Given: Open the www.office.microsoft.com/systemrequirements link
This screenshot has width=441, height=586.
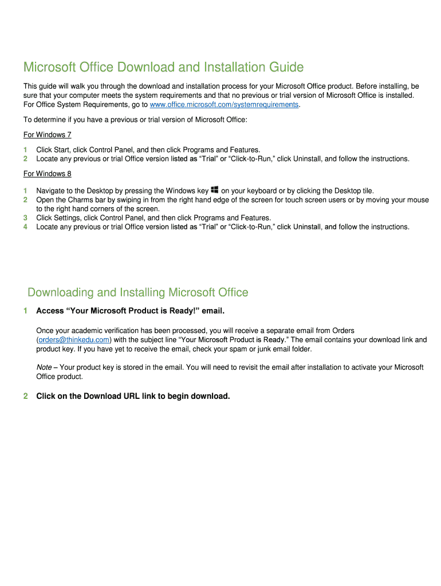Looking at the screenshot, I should (x=224, y=105).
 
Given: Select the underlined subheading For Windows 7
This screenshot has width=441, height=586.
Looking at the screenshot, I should (x=47, y=134).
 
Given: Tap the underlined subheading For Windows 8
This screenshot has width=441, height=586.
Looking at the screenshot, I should (x=47, y=173).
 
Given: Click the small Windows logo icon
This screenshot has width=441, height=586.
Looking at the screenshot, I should (x=215, y=189).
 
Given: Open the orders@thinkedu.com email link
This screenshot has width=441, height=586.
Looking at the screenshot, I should (x=73, y=339).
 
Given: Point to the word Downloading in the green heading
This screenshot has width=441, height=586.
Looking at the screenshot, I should (x=60, y=292).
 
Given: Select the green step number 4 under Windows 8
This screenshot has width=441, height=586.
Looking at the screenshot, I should (x=25, y=227).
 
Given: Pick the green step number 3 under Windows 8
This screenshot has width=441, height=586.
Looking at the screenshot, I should (x=25, y=217).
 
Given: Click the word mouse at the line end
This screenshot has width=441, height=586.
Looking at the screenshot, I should (x=418, y=200).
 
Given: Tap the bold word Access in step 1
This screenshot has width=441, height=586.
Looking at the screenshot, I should (x=50, y=311).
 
